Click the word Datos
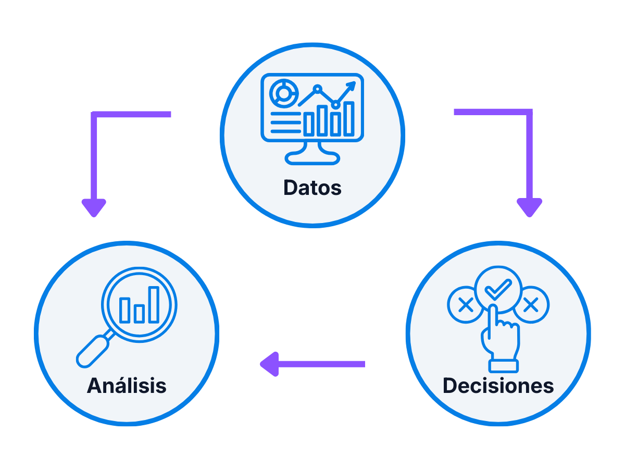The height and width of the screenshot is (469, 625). [312, 188]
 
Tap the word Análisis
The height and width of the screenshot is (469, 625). [127, 386]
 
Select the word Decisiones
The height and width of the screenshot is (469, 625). [498, 386]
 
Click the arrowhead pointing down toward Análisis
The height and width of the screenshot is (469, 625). [94, 207]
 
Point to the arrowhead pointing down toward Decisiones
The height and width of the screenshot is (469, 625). [529, 207]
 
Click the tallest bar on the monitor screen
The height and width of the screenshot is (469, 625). [349, 118]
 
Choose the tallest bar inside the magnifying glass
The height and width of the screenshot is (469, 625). [154, 304]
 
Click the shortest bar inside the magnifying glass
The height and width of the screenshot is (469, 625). [139, 313]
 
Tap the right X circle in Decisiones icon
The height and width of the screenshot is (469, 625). [531, 305]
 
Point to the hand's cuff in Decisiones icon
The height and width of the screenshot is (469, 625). [503, 365]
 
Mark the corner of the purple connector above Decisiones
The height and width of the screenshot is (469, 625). [529, 112]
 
